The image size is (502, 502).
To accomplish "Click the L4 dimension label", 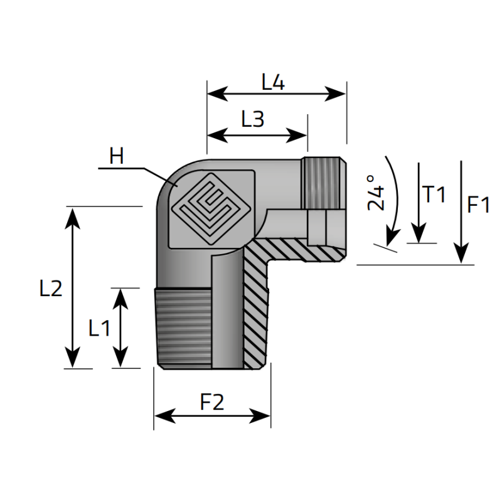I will (274, 82).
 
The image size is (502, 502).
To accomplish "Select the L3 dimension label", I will (253, 119).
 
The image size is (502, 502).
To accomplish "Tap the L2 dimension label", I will (50, 289).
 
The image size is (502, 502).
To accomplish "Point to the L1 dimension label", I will (99, 328).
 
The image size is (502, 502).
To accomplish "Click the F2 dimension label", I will (212, 402).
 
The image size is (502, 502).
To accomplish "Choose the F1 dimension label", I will (478, 205).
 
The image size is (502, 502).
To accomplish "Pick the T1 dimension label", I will (434, 195).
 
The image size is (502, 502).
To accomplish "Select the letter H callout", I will (116, 156).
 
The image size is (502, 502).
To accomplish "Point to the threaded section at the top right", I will (323, 183).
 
